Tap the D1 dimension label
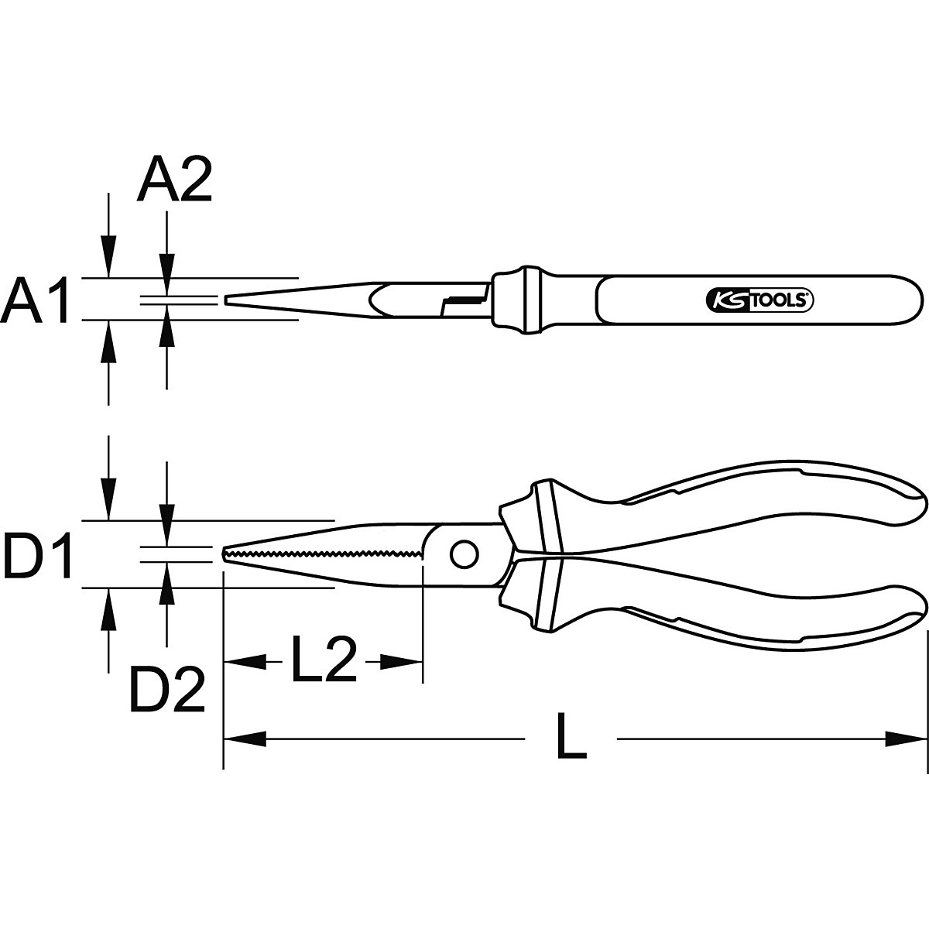(38, 554)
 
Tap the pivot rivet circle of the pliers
(464, 554)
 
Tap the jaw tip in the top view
(227, 299)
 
